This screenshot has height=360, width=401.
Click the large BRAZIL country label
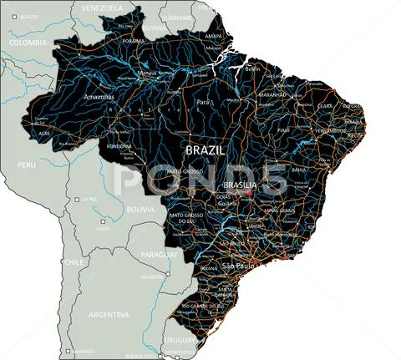205,150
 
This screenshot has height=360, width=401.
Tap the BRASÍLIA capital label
241,185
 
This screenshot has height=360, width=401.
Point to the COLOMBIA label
28,42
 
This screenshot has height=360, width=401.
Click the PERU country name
28,165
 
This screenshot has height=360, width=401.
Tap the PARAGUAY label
159,254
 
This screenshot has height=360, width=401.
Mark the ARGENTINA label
109,315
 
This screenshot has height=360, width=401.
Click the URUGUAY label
179,339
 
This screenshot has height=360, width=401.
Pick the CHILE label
74,261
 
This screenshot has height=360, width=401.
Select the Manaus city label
148,73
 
